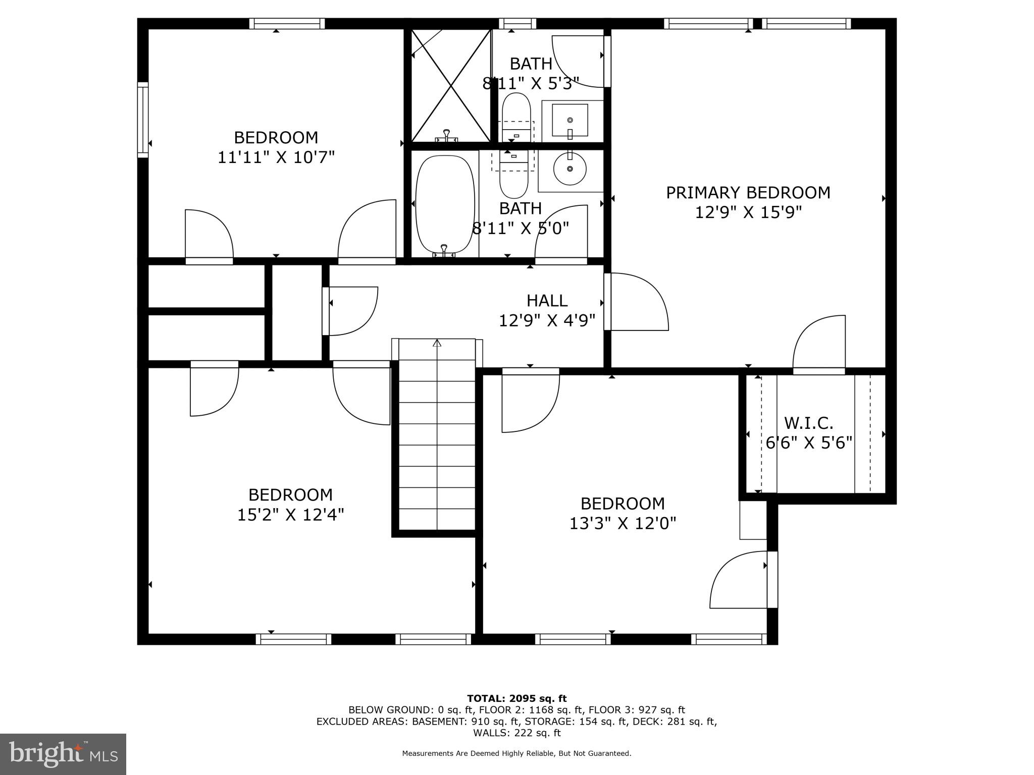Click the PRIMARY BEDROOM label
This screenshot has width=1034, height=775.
(748, 193)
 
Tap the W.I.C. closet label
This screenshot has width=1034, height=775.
(808, 423)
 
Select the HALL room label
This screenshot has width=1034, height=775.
(547, 301)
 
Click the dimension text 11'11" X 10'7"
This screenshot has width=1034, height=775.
(276, 157)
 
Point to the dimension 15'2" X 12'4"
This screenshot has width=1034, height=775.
(291, 515)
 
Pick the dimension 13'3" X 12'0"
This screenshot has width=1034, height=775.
(623, 524)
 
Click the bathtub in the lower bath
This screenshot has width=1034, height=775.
(445, 204)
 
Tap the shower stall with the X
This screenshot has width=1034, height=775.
(451, 86)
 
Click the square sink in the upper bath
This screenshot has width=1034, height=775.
(570, 120)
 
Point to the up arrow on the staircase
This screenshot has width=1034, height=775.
(437, 344)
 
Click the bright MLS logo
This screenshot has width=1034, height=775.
(63, 754)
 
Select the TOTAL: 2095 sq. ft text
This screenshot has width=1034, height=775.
(516, 699)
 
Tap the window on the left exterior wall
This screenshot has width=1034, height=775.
(143, 120)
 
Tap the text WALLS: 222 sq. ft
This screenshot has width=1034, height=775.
(516, 733)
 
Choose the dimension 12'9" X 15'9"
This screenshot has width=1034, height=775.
(748, 212)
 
